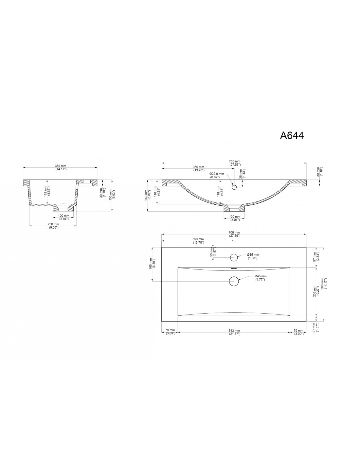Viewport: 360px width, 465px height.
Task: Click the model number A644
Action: (x=292, y=135)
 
